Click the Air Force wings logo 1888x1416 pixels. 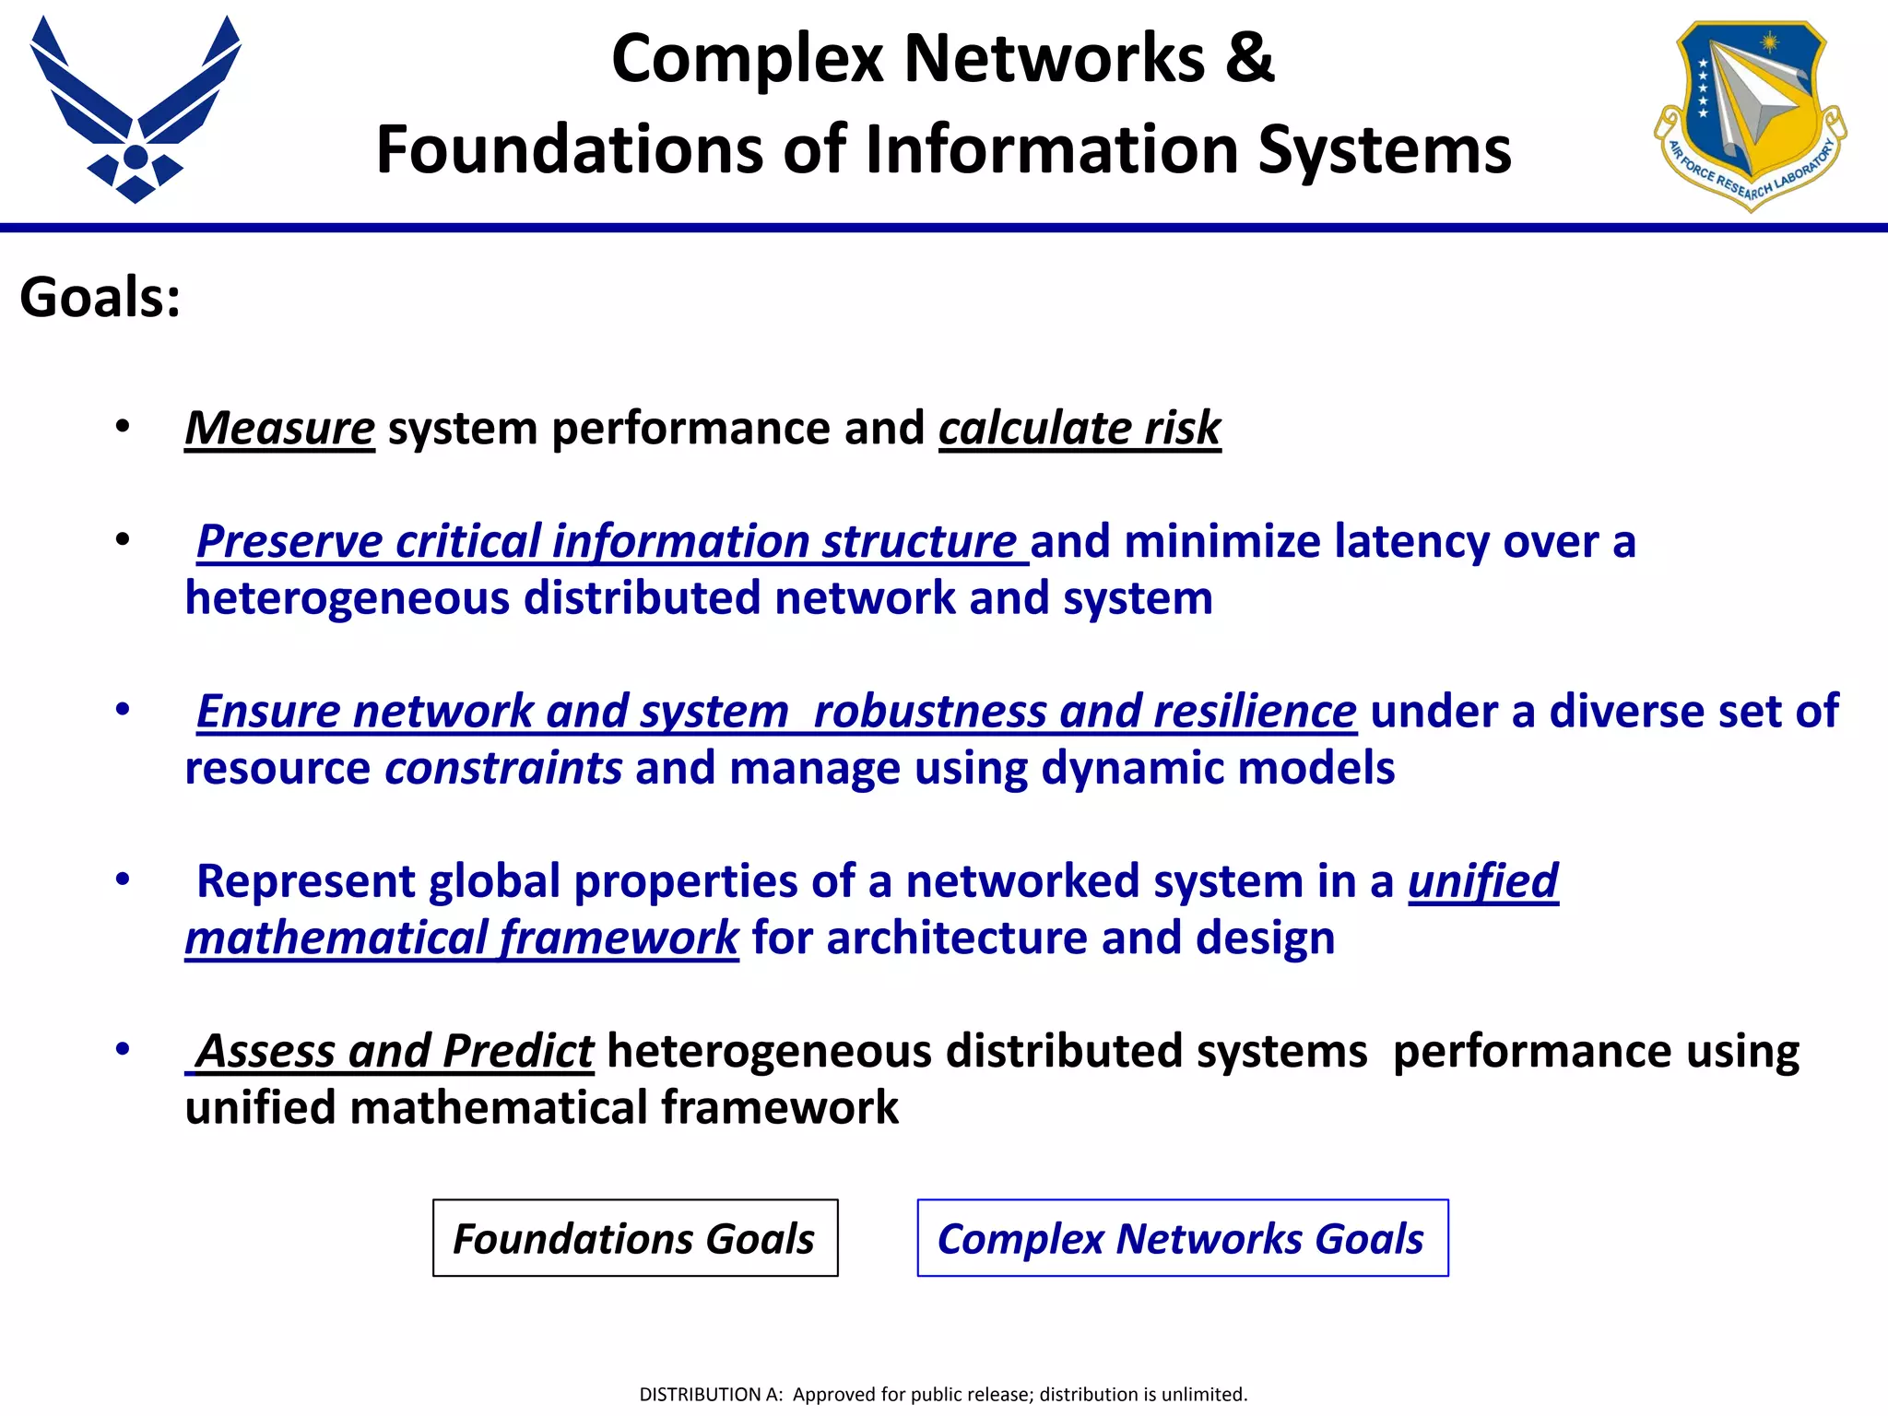136,111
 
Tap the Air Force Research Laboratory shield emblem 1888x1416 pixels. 1749,115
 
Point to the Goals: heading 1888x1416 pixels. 100,298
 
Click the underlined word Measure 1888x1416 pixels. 279,429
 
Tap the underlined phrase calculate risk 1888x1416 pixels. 1080,429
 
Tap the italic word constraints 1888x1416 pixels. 503,768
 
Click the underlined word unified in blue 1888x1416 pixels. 1482,881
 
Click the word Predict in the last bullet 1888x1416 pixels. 518,1051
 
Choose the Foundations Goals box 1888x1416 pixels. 635,1238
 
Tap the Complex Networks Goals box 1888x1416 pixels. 1182,1238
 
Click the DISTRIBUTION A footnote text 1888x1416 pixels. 943,1394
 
